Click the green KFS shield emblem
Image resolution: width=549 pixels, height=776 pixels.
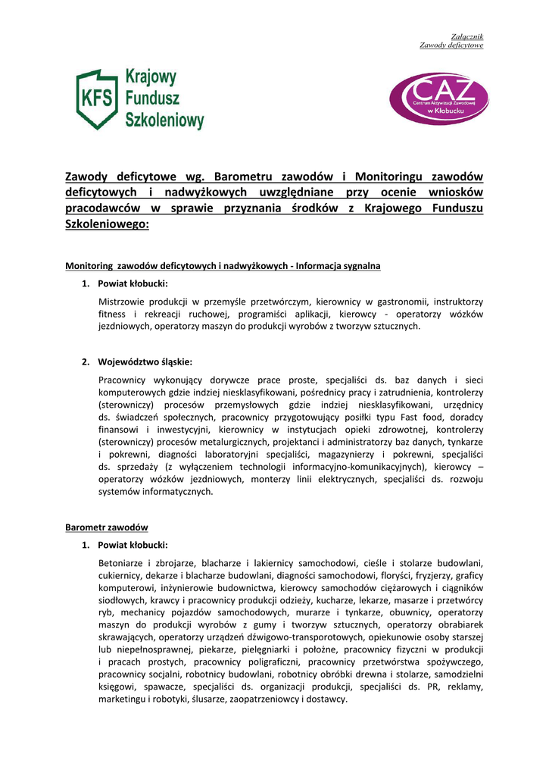click(97, 99)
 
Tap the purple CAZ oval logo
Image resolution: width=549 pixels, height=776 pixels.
click(438, 99)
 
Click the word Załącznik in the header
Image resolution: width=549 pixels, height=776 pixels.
click(467, 36)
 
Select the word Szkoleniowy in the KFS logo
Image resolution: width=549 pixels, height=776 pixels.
click(164, 119)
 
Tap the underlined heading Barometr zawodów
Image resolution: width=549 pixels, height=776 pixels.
click(107, 527)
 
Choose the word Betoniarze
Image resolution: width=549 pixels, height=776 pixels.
click(122, 563)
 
